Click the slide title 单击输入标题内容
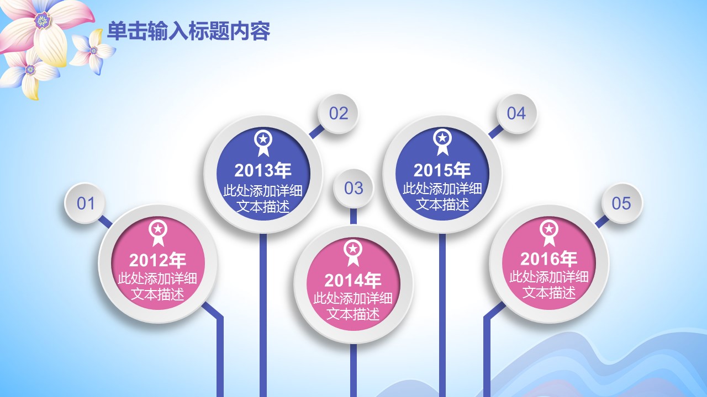point(188,31)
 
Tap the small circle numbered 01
point(85,203)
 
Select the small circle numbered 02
point(338,114)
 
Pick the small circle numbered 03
point(353,188)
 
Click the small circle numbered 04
point(516,114)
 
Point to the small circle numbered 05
point(621,203)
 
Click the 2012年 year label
point(157,260)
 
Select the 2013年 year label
point(262,170)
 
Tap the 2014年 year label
point(353,280)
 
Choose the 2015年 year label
point(442,170)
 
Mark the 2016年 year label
point(548,259)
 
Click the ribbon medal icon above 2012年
point(158,233)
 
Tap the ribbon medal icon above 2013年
point(263,143)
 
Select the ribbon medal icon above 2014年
point(353,253)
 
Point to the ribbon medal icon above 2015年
point(442,142)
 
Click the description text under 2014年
point(353,306)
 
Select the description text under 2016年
point(549,285)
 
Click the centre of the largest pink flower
point(43,21)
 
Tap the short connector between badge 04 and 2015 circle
point(495,131)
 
